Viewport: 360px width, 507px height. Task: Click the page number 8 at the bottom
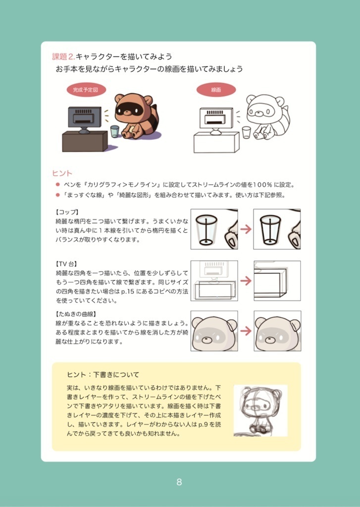tap(179, 482)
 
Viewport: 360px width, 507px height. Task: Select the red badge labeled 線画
tap(216, 90)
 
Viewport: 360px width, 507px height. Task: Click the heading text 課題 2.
tap(63, 56)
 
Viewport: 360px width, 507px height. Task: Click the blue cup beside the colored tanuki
tap(115, 131)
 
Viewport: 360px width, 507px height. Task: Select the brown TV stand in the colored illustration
tap(85, 142)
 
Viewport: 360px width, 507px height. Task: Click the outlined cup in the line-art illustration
tap(246, 132)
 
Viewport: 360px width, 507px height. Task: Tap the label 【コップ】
tap(67, 212)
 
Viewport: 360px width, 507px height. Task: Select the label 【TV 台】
tap(68, 263)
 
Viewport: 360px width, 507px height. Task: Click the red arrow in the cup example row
tap(246, 229)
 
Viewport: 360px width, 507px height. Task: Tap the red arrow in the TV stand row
tap(246, 281)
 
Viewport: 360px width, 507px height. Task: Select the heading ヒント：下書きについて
tap(103, 374)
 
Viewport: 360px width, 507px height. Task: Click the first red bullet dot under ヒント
tap(58, 185)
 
